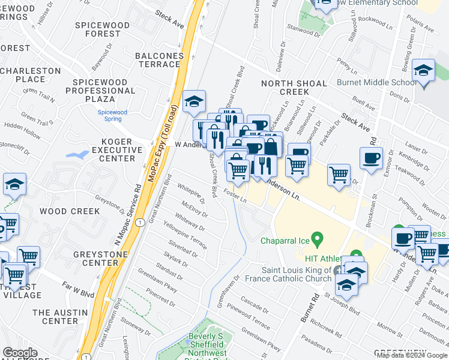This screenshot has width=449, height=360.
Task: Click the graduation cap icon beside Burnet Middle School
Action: point(423,71)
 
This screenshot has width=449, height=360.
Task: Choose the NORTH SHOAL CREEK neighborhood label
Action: point(294,88)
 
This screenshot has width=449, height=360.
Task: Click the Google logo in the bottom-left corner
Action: point(20,353)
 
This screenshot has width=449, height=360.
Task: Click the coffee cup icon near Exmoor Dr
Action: point(370,159)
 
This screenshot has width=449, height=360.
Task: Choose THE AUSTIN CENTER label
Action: point(55,317)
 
